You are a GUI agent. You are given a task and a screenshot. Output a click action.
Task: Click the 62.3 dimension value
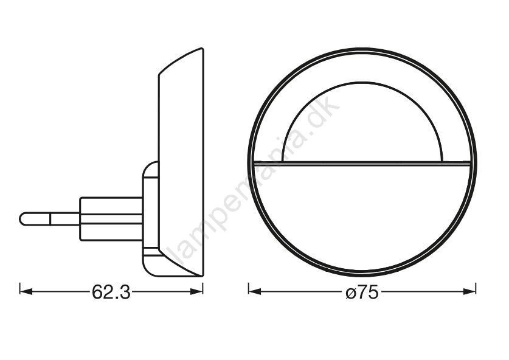(x=111, y=292)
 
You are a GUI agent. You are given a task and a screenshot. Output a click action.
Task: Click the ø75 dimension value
(x=362, y=292)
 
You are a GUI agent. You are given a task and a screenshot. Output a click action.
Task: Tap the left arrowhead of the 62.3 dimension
(x=26, y=292)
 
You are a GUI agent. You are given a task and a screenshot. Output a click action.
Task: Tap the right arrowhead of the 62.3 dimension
(x=196, y=292)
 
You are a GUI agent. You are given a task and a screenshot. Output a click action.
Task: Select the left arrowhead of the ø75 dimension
(x=255, y=292)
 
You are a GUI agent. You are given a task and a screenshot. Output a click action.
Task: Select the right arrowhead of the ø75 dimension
(x=469, y=292)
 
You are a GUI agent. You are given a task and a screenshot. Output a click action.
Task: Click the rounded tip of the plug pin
(x=22, y=219)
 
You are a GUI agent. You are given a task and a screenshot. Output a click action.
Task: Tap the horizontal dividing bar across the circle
(x=362, y=164)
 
